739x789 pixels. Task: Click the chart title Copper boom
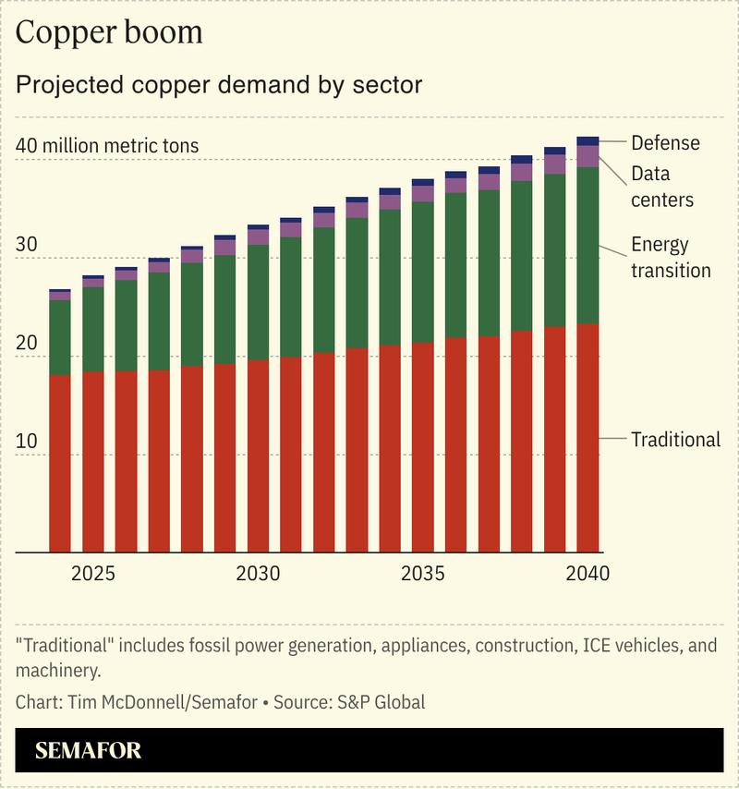coord(109,32)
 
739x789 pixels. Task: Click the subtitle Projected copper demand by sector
coord(219,85)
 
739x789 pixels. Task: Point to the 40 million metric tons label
coord(107,146)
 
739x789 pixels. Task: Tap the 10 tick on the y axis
coord(28,441)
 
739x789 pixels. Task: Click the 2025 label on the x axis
coord(93,574)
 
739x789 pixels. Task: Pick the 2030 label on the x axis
coord(258,574)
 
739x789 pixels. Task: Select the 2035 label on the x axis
coord(423,574)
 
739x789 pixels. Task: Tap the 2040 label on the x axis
coord(588,574)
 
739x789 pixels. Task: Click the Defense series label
coord(665,143)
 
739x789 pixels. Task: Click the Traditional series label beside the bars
coord(675,440)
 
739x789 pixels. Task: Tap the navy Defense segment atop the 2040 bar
coord(588,141)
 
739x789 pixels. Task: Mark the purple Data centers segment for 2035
coord(423,193)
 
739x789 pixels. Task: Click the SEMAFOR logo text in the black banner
coord(89,750)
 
